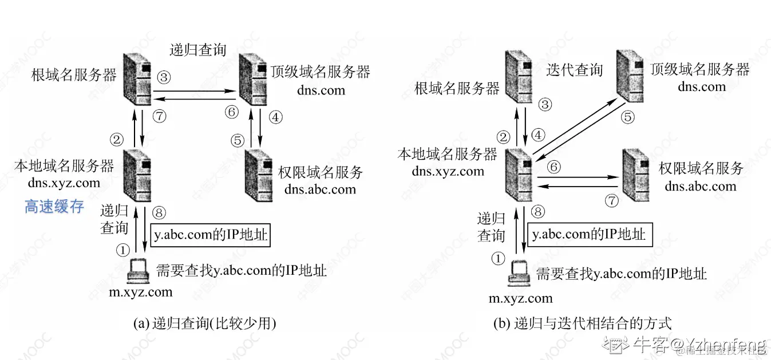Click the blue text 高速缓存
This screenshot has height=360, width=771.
click(54, 207)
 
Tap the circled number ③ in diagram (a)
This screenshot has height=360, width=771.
click(164, 76)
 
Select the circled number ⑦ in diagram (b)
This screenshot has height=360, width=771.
click(612, 201)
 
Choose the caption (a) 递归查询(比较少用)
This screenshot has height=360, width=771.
click(204, 323)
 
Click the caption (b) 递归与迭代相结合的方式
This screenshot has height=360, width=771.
click(582, 323)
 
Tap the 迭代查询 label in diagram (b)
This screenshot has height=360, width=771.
click(574, 70)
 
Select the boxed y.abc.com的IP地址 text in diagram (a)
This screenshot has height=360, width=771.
click(210, 235)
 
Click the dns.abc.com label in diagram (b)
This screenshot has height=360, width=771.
click(701, 187)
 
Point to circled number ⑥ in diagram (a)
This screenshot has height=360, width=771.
click(231, 112)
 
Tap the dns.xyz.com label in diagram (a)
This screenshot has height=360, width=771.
click(64, 183)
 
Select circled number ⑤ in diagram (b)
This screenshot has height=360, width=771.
click(628, 117)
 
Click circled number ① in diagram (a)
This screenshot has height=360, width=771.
click(122, 249)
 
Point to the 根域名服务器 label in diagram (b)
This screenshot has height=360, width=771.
click(457, 88)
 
